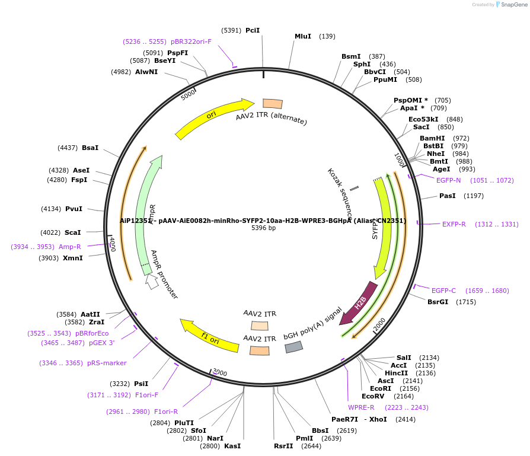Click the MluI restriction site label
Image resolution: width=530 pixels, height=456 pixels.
coord(303,36)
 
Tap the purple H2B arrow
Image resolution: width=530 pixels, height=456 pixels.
coord(360,303)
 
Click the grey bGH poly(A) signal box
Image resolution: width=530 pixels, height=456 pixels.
coord(294,347)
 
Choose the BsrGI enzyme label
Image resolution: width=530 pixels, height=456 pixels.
coord(438,302)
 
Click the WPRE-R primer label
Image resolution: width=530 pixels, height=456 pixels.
coord(361,407)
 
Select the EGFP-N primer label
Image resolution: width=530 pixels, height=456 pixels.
coord(448,180)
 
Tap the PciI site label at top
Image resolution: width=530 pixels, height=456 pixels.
coord(253,30)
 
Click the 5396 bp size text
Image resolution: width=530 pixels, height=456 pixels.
coord(264,228)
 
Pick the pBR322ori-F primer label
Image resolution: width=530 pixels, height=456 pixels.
coord(191,42)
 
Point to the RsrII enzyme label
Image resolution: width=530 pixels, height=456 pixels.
coord(283,446)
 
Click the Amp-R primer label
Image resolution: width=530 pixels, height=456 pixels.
coord(70,247)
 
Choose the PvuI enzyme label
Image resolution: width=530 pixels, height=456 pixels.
coord(74,209)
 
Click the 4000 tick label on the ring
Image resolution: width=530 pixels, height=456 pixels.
coord(111,243)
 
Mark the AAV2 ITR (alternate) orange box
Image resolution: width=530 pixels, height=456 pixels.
coord(273,104)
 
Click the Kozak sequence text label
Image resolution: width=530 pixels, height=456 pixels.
coord(340,189)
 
